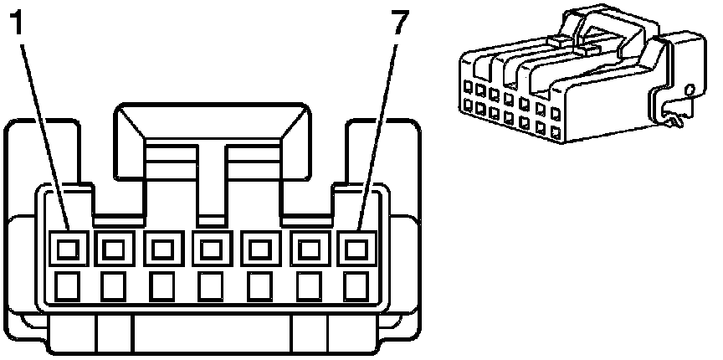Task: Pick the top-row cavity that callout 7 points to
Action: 356,248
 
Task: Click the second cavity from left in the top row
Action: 114,248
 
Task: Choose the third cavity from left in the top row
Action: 162,248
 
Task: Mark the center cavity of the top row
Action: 211,248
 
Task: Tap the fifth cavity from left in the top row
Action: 259,248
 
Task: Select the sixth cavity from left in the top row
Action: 308,248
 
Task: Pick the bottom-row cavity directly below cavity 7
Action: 356,287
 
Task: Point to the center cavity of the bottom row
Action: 211,287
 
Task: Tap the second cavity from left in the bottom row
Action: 114,287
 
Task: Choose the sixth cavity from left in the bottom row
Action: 308,287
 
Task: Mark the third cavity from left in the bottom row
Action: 162,287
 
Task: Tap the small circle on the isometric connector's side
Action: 689,89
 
